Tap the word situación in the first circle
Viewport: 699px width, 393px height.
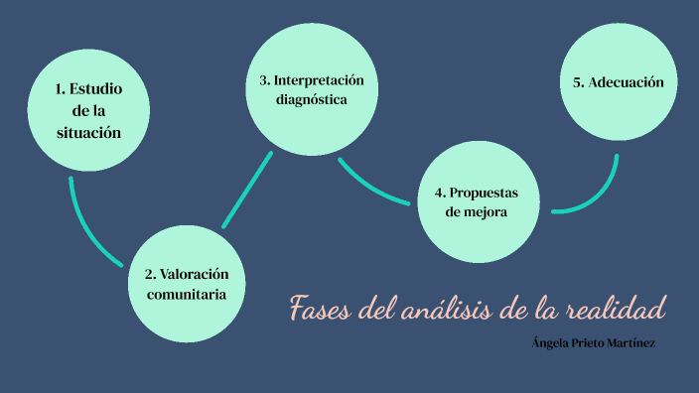pyautogui.click(x=88, y=132)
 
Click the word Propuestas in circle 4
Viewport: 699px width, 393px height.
pyautogui.click(x=485, y=193)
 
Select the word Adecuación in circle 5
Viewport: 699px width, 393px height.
pyautogui.click(x=626, y=82)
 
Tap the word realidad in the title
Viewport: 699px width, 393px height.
pyautogui.click(x=615, y=309)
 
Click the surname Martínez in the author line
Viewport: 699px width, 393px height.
pyautogui.click(x=625, y=343)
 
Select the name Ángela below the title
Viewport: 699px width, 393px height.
pyautogui.click(x=553, y=343)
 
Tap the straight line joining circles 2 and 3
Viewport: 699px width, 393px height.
pyautogui.click(x=247, y=190)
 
